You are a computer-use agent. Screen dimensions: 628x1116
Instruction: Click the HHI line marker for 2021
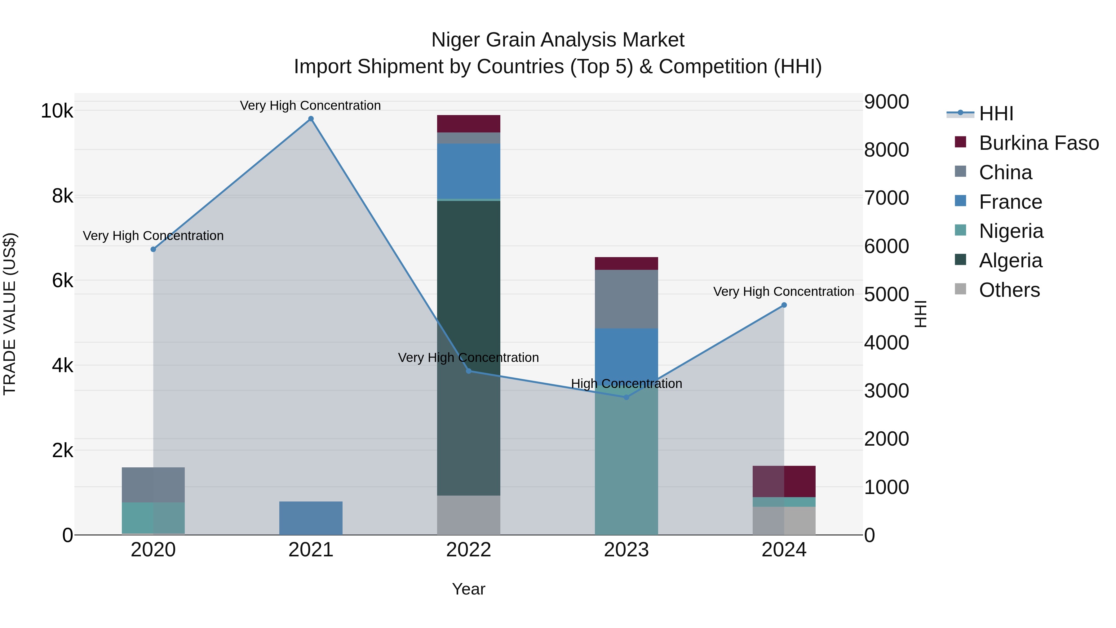click(311, 119)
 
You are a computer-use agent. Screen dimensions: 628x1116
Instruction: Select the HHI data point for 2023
click(626, 397)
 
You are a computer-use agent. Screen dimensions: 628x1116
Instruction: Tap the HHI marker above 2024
click(784, 305)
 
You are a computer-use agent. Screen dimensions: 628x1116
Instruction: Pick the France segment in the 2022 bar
click(468, 171)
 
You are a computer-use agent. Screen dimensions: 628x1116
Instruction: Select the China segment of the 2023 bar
click(626, 299)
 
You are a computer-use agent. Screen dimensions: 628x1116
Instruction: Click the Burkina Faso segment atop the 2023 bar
click(626, 264)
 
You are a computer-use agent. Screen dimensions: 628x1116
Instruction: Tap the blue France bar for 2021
click(311, 518)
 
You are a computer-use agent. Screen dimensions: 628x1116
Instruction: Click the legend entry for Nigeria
click(1011, 231)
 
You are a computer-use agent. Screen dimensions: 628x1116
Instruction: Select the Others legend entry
click(1009, 290)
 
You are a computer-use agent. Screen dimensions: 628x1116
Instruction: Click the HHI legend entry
click(995, 114)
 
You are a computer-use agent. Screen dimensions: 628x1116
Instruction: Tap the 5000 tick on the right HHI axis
click(886, 295)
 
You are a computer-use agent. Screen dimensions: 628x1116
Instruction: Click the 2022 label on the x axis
click(468, 550)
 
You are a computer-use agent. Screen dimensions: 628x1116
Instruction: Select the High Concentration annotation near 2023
click(626, 384)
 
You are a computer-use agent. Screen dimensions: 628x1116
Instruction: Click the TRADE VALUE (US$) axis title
click(10, 314)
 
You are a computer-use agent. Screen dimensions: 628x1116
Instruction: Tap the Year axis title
click(468, 589)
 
